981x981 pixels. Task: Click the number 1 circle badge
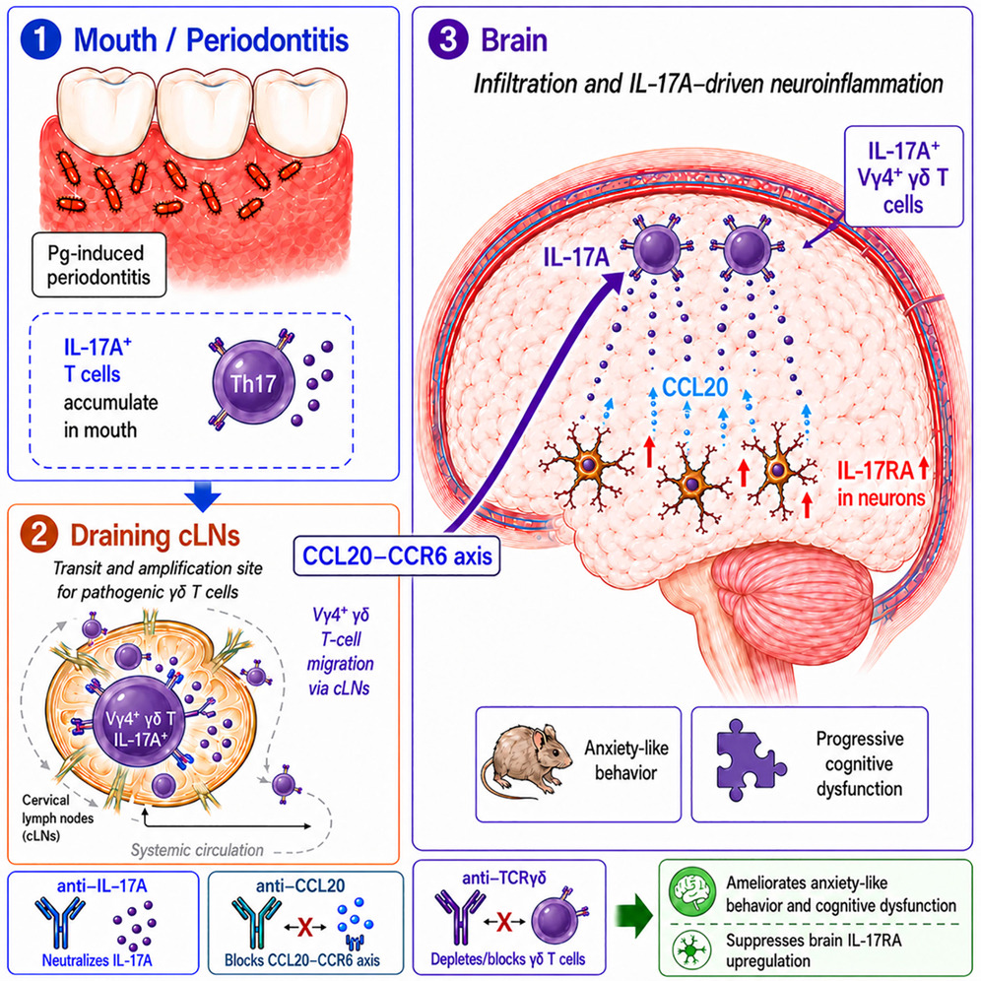[40, 39]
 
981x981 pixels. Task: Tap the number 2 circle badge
[38, 536]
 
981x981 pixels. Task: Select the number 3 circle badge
[448, 39]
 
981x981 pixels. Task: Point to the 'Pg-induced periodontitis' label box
[98, 265]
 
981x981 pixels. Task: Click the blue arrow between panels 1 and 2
[203, 496]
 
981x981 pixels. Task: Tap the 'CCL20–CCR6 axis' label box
[397, 556]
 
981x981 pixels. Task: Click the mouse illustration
[526, 762]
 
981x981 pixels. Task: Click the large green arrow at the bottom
[633, 916]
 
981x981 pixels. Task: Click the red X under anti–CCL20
[304, 926]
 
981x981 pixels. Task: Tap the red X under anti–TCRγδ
[504, 921]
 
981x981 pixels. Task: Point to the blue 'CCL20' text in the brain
[694, 387]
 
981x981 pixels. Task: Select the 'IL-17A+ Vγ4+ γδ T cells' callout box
[903, 176]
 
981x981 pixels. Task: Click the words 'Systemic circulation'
[197, 850]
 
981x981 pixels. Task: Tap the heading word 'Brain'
[514, 40]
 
